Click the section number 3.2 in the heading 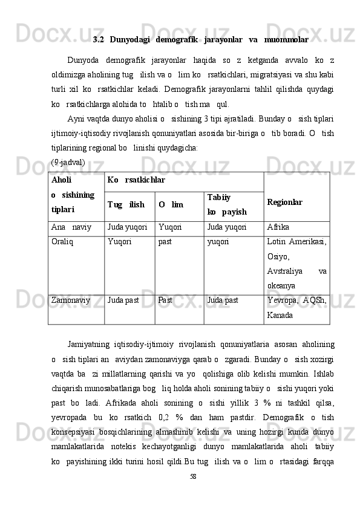(x=99, y=40)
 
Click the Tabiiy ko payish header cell (x=226, y=205)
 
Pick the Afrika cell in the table (x=279, y=227)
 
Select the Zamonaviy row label (x=72, y=300)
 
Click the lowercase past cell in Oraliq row (x=166, y=242)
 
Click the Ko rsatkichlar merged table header (x=136, y=180)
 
